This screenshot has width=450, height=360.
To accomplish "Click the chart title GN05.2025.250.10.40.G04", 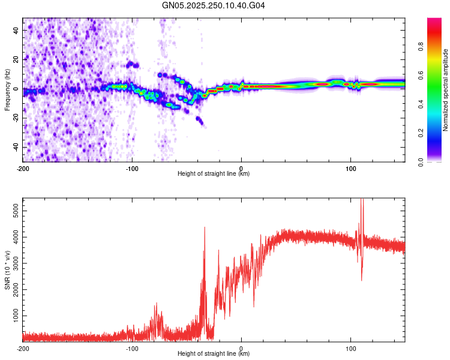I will coord(214,5).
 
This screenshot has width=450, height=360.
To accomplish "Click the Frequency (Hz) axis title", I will coord(7,89).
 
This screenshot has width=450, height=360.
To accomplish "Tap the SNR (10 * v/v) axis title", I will coord(7,269).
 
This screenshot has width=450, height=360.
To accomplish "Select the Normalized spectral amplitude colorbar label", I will coord(445,90).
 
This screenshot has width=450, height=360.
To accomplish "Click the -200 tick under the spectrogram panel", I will coord(23,168).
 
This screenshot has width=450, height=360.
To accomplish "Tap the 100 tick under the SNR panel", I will coord(350,348).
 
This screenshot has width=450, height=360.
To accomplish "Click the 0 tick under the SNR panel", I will coord(241,348).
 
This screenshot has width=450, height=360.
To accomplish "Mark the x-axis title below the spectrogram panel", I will coord(214,173).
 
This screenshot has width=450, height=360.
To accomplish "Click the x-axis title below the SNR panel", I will coord(214,353).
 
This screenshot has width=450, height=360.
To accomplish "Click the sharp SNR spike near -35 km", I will coord(205,228).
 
